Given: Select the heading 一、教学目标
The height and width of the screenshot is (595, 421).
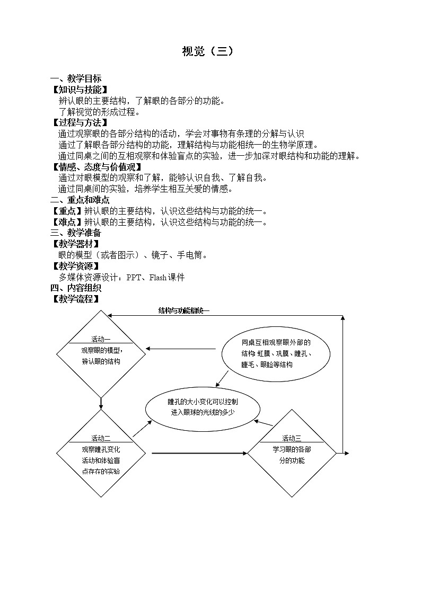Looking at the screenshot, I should coord(76,79).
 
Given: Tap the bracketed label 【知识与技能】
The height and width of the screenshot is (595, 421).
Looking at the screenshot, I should coord(78,90).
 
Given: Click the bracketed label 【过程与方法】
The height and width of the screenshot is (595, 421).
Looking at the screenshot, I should coord(78,123).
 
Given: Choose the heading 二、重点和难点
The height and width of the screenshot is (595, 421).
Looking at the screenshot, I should coord(80,200).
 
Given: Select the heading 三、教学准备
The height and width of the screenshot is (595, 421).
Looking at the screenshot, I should coord(76,233).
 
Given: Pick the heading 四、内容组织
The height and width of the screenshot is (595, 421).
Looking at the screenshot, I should coord(76,288).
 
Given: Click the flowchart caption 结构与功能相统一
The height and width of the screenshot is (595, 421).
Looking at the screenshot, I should coord(184,310).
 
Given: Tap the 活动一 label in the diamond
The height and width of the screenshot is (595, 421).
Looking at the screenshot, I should coord(101,339).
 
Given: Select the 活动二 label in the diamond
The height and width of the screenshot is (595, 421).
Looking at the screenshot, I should coord(101,438).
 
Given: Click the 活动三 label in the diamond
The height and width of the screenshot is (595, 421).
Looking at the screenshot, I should coord(292,438).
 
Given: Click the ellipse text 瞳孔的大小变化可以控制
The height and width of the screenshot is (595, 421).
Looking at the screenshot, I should coord(203,401).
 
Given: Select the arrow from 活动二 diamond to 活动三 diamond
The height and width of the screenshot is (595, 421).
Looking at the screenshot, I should coord(199,453).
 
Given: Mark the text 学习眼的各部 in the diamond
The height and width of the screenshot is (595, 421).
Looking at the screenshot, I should coord(292,449).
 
